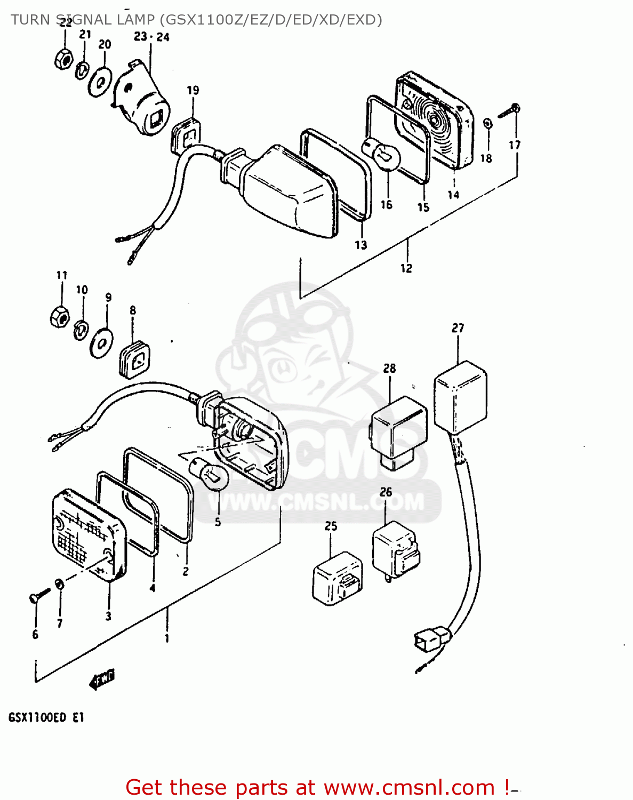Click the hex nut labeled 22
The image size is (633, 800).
click(63, 58)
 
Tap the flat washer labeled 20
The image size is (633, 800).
click(100, 82)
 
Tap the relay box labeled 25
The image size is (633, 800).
click(337, 579)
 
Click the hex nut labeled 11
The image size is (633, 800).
click(59, 317)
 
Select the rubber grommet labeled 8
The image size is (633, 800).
click(133, 358)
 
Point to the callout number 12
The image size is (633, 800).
click(406, 268)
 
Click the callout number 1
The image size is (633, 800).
click(167, 638)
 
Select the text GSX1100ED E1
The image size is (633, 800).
click(46, 718)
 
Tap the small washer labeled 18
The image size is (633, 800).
click(487, 124)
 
